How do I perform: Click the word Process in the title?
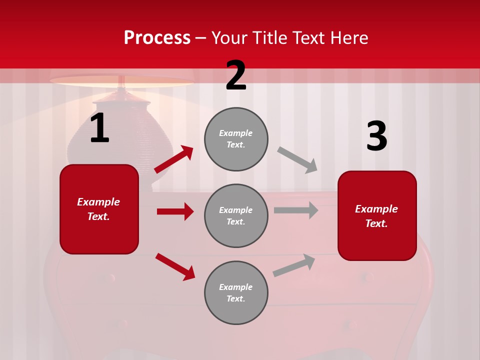tap(157, 38)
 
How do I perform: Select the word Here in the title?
tap(348, 38)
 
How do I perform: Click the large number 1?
tap(99, 128)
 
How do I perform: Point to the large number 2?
tap(236, 76)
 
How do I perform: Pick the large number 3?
tap(377, 136)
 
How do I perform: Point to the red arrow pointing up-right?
tap(174, 159)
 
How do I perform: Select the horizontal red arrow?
tap(175, 211)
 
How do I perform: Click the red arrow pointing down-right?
tap(175, 266)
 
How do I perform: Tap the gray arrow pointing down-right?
tap(297, 159)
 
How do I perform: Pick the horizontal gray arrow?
tap(296, 210)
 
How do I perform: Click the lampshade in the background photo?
tap(121, 81)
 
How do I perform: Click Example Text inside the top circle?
tap(236, 139)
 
